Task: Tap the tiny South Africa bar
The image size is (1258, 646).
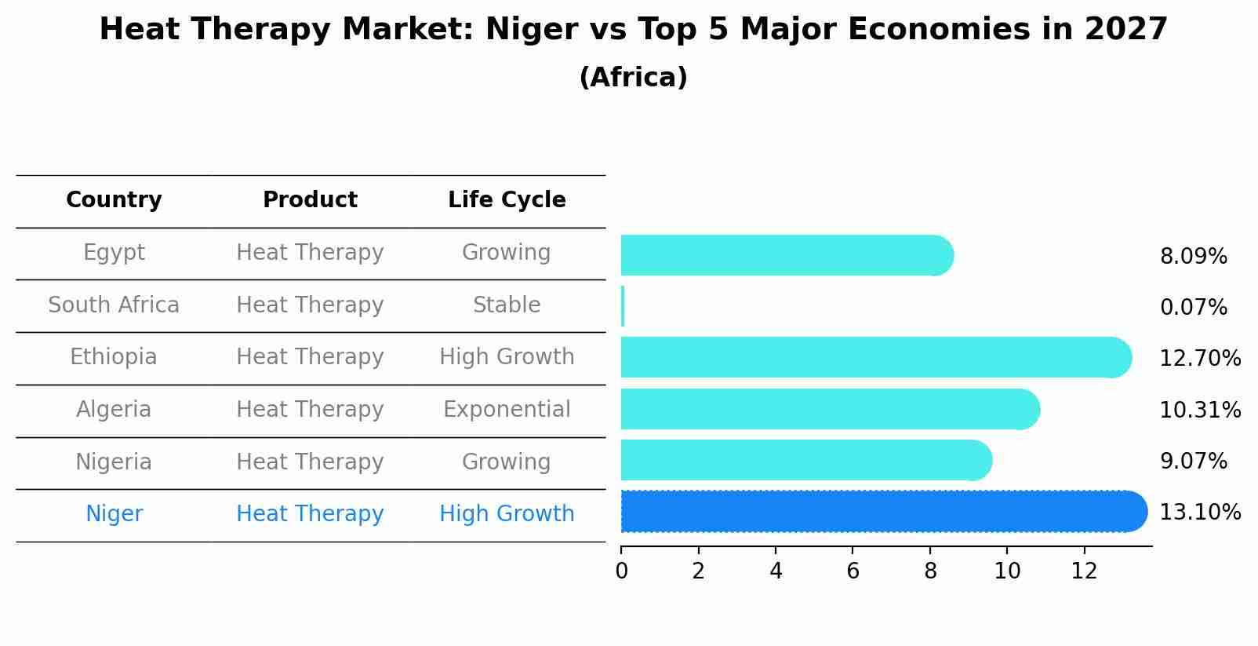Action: point(623,306)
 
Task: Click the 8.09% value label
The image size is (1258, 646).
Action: point(1193,257)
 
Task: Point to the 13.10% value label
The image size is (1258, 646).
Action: point(1199,513)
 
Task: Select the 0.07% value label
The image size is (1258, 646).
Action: point(1193,308)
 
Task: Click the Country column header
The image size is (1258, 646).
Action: point(114,200)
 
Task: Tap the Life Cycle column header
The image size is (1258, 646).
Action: point(507,200)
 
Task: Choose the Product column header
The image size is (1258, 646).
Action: point(310,200)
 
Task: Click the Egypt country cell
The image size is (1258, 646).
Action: point(114,253)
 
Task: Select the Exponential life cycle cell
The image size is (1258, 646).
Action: point(507,410)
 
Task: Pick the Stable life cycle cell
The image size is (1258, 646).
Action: point(507,305)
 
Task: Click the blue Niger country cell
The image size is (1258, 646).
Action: point(114,514)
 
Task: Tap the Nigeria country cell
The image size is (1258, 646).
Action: point(114,462)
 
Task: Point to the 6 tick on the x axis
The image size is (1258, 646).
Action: point(853,571)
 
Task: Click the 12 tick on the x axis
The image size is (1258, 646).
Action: point(1084,571)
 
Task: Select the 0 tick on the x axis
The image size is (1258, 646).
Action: point(621,571)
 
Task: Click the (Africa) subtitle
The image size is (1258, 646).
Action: point(633,78)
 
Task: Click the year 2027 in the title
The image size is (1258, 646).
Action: point(1126,30)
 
